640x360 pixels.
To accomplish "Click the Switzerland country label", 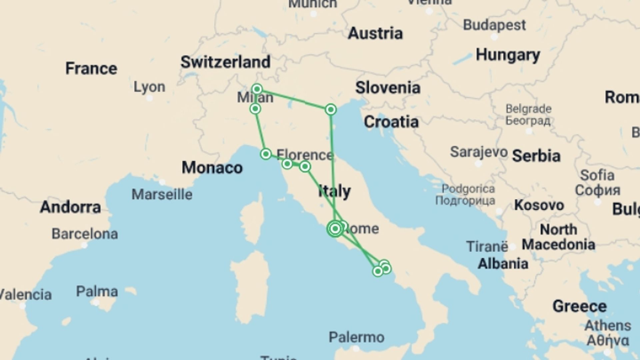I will [225, 62].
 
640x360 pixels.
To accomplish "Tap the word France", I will [91, 68].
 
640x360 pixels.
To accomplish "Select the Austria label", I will [375, 33].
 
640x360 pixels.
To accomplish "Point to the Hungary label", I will [508, 55].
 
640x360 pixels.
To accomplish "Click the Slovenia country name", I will [388, 88].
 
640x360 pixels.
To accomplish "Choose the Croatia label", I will [391, 122].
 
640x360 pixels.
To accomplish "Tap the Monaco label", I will [212, 168].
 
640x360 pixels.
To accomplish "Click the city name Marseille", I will [162, 194].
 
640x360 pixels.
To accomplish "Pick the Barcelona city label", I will [85, 234].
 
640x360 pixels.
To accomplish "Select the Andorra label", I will [70, 207].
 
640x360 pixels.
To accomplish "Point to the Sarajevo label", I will [479, 152].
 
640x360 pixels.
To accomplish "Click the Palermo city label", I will [356, 337].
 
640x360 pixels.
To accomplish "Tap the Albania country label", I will [503, 264].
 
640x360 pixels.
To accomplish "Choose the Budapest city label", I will [494, 25].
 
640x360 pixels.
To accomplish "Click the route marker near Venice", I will [331, 109].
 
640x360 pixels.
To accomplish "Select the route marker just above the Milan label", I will [257, 89].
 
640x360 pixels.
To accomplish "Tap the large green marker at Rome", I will [335, 229].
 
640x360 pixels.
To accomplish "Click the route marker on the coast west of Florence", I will [266, 154].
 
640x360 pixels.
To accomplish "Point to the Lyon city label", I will [149, 87].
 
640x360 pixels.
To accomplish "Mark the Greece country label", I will [579, 306].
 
